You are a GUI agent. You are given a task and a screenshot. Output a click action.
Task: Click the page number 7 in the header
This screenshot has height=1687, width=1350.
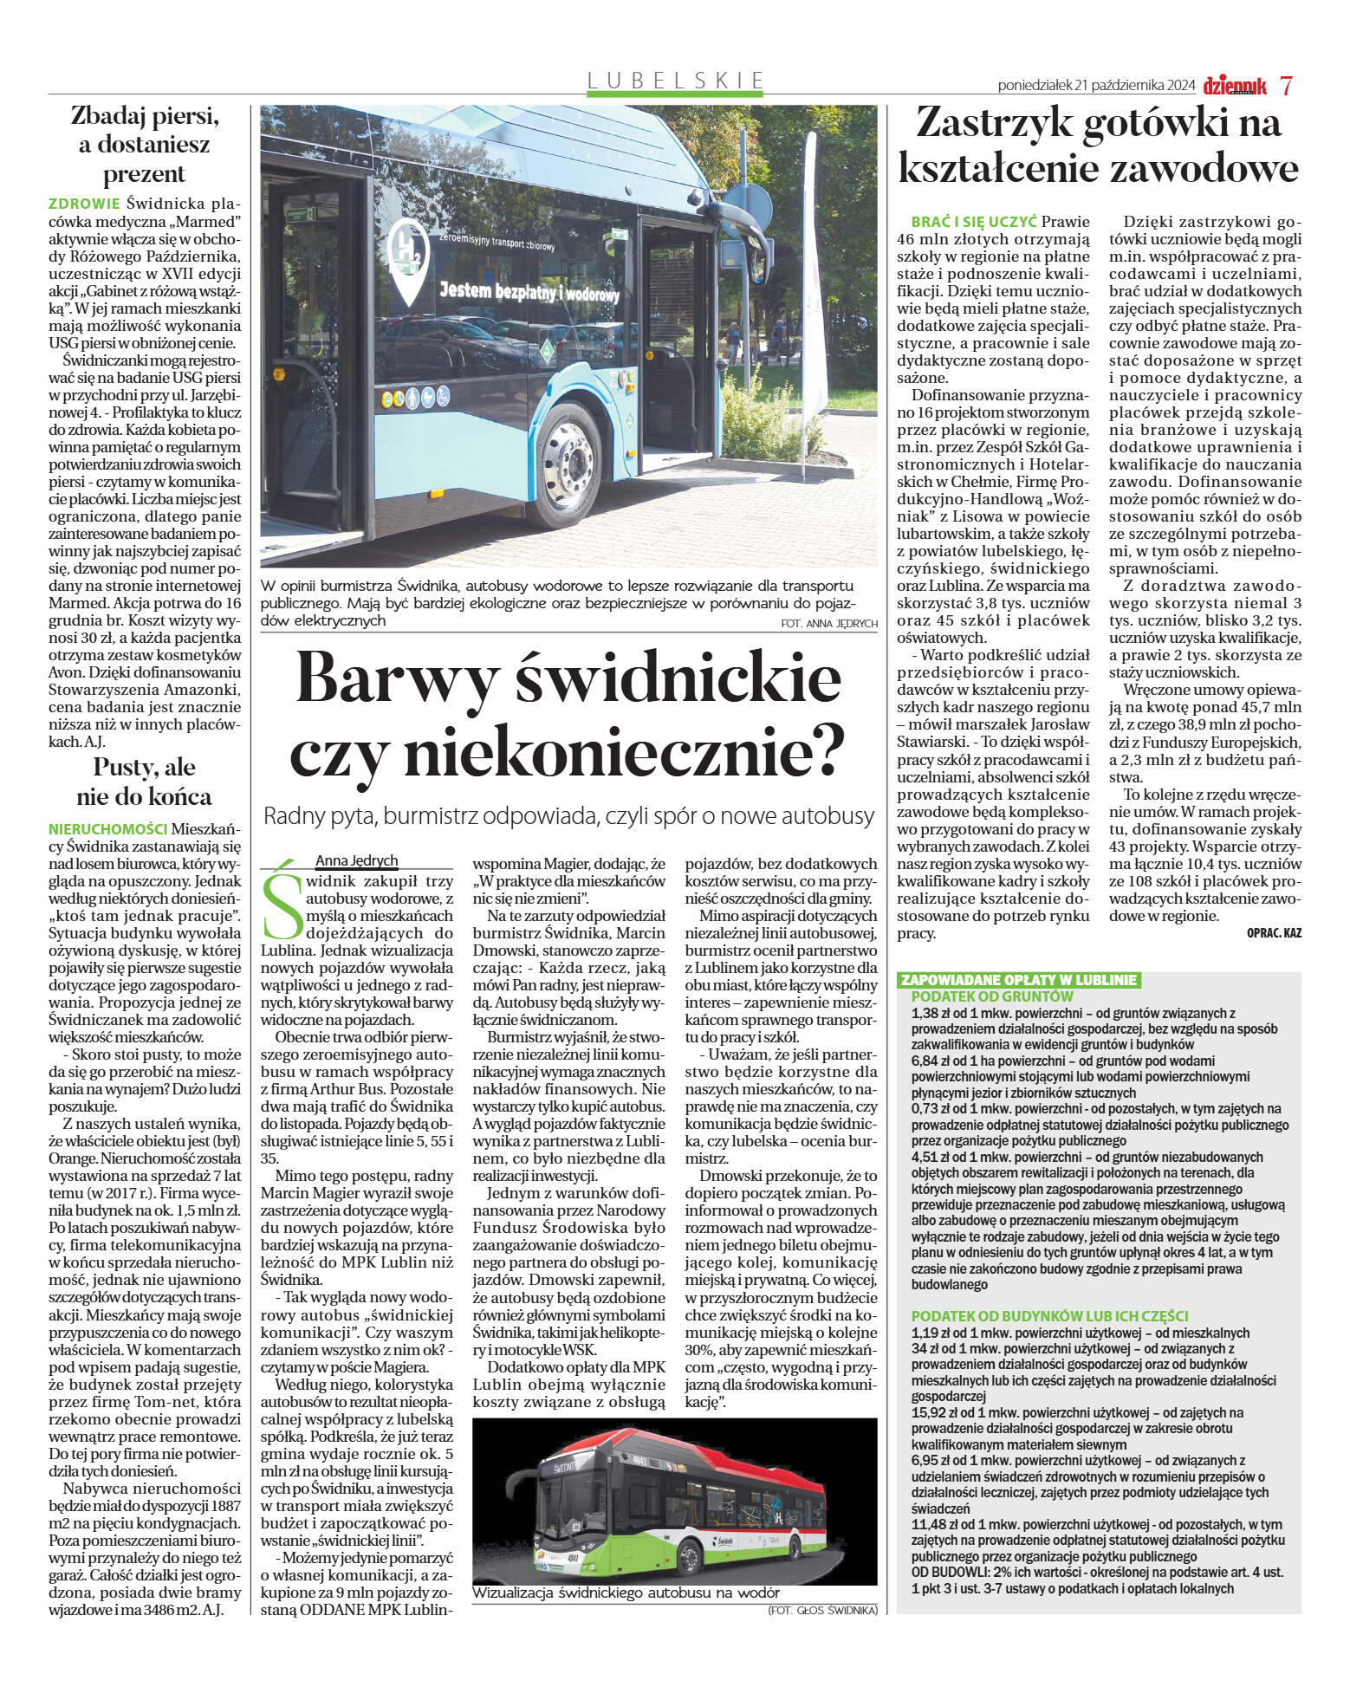[1286, 86]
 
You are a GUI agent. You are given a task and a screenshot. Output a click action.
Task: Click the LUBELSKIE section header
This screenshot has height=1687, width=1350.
[676, 81]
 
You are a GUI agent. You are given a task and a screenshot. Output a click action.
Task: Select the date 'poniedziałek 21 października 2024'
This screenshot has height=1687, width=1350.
[1095, 86]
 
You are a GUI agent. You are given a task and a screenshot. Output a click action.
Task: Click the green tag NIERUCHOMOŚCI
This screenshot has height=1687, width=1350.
[107, 829]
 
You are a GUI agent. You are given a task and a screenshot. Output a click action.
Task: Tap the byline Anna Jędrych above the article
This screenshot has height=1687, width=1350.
[356, 860]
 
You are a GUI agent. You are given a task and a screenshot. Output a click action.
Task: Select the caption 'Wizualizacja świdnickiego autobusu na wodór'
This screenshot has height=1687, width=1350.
[626, 1593]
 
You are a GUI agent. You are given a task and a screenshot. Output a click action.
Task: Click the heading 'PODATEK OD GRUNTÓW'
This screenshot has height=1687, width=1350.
[991, 996]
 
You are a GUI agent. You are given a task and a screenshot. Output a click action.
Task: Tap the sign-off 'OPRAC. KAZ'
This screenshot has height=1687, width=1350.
[1273, 933]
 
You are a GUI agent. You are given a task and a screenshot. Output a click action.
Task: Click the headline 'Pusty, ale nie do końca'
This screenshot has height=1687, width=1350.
[144, 782]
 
